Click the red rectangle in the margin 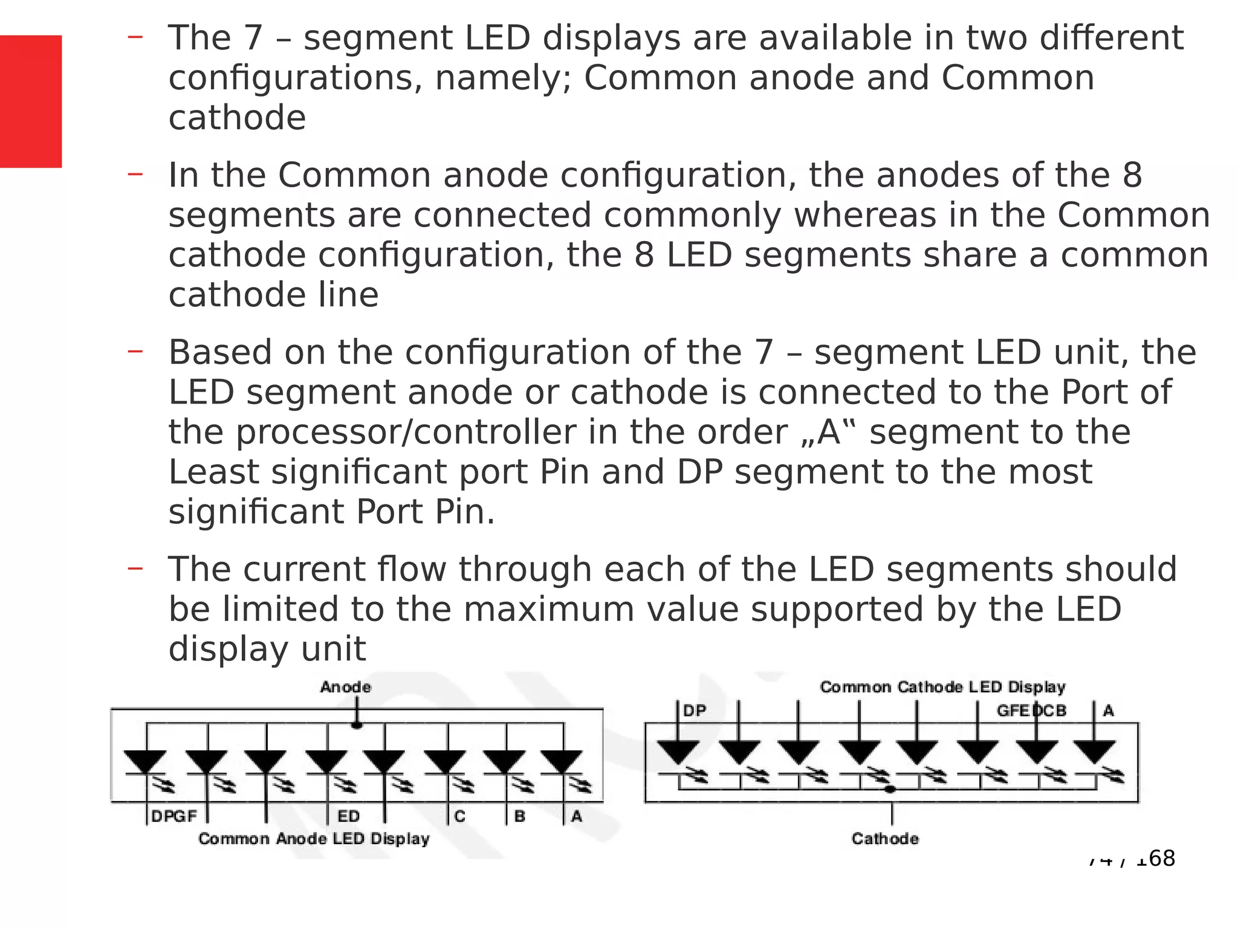[31, 101]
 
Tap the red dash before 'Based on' [135, 350]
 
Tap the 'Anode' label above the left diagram [346, 687]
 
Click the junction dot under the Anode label [357, 724]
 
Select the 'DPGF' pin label [174, 816]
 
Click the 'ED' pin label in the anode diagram [349, 816]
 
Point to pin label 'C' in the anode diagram [460, 816]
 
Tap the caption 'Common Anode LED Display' [314, 839]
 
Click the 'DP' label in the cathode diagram [695, 710]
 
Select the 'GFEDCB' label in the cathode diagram [1031, 710]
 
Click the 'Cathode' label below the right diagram [885, 839]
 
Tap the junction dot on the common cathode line [890, 789]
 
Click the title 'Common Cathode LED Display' [942, 687]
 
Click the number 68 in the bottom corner [1161, 858]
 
